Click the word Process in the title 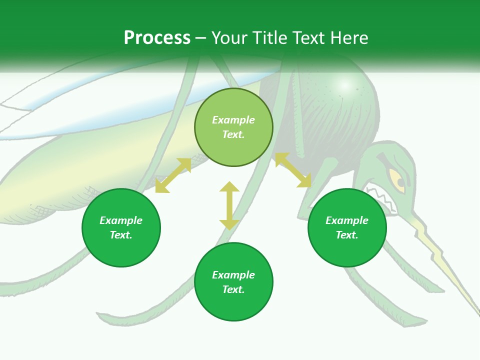point(157,38)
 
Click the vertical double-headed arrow point(229,205)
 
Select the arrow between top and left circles point(173,175)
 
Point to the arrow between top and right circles point(293,170)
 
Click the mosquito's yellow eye point(397,180)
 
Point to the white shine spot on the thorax point(344,85)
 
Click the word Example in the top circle point(233,120)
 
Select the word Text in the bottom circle point(233,289)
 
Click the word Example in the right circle point(347,220)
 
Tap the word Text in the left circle point(121,235)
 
